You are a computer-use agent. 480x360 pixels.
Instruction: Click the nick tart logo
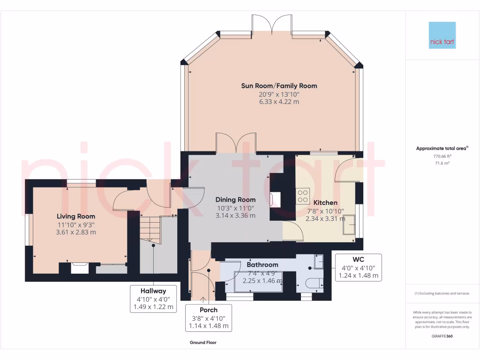click(x=442, y=35)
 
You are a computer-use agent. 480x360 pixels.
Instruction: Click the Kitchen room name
click(x=325, y=202)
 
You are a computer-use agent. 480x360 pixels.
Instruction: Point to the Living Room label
click(x=76, y=216)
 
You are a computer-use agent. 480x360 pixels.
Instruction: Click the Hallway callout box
click(x=154, y=299)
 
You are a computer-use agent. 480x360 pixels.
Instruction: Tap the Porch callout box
click(x=209, y=318)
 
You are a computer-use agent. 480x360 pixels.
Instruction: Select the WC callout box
click(x=358, y=267)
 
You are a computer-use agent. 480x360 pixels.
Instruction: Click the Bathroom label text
click(x=262, y=264)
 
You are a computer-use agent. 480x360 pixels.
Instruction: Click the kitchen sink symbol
click(x=349, y=225)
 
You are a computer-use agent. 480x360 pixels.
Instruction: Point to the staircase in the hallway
click(x=150, y=230)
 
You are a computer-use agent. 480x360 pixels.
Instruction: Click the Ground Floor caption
click(x=203, y=343)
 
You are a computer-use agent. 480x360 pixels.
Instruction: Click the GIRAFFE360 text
click(x=442, y=336)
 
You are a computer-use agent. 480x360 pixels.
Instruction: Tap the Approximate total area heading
click(x=442, y=148)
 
